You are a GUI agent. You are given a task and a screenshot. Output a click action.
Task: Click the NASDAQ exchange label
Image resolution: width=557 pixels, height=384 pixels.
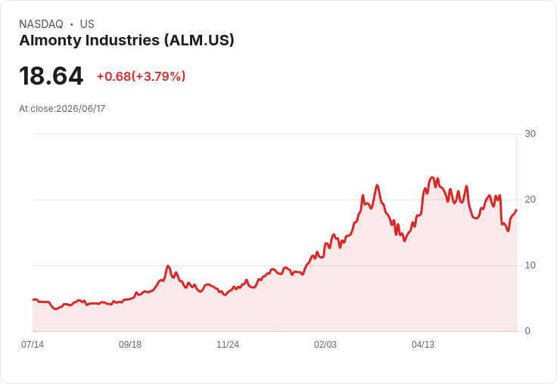41,24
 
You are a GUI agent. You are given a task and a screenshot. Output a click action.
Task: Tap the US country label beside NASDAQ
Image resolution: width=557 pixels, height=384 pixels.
87,24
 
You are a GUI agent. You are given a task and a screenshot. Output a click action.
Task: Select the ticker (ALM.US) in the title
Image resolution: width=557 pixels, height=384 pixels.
199,41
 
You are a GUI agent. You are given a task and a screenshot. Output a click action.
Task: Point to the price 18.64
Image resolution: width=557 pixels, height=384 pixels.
51,76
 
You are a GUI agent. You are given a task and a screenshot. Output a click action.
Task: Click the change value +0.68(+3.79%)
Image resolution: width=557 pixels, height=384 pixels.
141,76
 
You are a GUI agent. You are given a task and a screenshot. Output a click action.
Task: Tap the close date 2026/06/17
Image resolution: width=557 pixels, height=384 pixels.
81,109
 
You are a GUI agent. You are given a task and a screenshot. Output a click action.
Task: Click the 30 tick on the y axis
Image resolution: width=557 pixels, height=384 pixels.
530,134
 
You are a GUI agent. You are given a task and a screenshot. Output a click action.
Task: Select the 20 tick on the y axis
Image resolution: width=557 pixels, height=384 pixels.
530,200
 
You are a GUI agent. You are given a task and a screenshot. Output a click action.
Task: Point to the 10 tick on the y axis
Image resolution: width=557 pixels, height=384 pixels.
530,265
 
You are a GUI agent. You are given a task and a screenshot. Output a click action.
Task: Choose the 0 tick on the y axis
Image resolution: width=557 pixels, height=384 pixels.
527,331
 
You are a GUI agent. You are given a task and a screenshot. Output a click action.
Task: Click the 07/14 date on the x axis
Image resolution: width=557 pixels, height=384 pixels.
33,344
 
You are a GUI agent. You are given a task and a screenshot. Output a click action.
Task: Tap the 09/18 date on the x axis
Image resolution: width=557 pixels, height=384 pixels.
130,344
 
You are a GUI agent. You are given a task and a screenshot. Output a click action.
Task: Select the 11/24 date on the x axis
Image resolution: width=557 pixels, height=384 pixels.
228,344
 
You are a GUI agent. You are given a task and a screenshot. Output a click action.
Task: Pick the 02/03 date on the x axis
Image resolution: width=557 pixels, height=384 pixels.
325,344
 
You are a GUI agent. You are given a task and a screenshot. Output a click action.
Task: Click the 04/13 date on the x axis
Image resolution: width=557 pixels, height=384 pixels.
423,344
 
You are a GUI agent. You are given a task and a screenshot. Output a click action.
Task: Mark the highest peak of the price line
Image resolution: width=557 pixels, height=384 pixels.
432,177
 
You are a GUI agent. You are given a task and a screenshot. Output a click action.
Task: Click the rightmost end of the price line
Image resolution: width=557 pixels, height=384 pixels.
516,209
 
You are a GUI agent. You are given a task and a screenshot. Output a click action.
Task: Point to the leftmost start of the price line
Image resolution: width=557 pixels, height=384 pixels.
33,300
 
